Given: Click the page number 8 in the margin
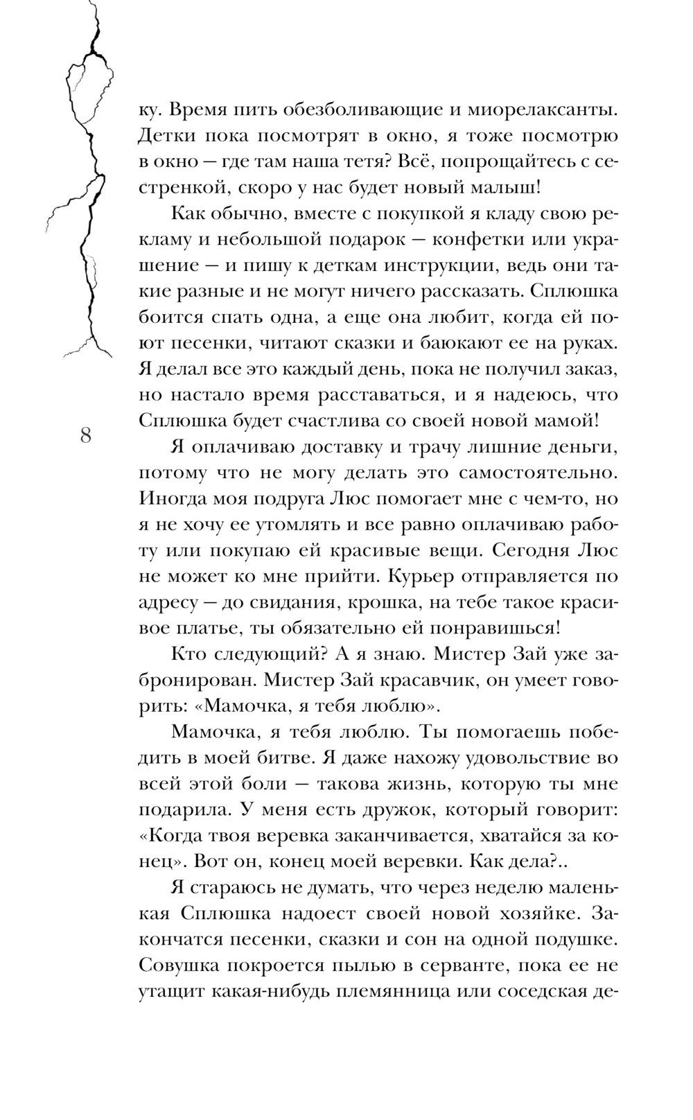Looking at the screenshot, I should tap(85, 436).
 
